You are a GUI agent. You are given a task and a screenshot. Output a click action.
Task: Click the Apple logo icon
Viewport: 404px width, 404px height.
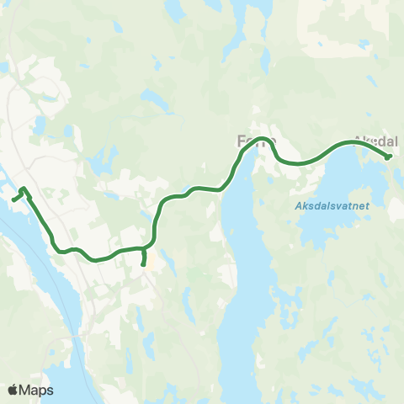point(13,390)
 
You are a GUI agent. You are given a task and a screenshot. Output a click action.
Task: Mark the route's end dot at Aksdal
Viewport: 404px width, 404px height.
point(388,156)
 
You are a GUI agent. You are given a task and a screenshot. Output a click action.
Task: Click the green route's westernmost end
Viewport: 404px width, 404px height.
point(14,199)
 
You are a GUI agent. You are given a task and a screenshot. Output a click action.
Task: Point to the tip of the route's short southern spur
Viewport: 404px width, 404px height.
point(143,264)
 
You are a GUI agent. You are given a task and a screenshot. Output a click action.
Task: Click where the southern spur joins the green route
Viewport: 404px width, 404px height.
point(144,249)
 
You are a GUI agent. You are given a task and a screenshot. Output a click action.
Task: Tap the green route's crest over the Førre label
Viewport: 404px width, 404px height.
point(263,139)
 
